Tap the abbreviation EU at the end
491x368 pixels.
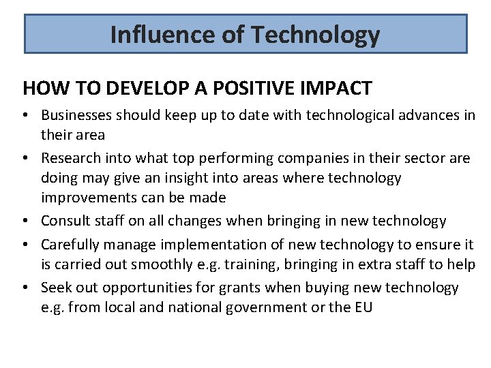coord(363,307)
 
